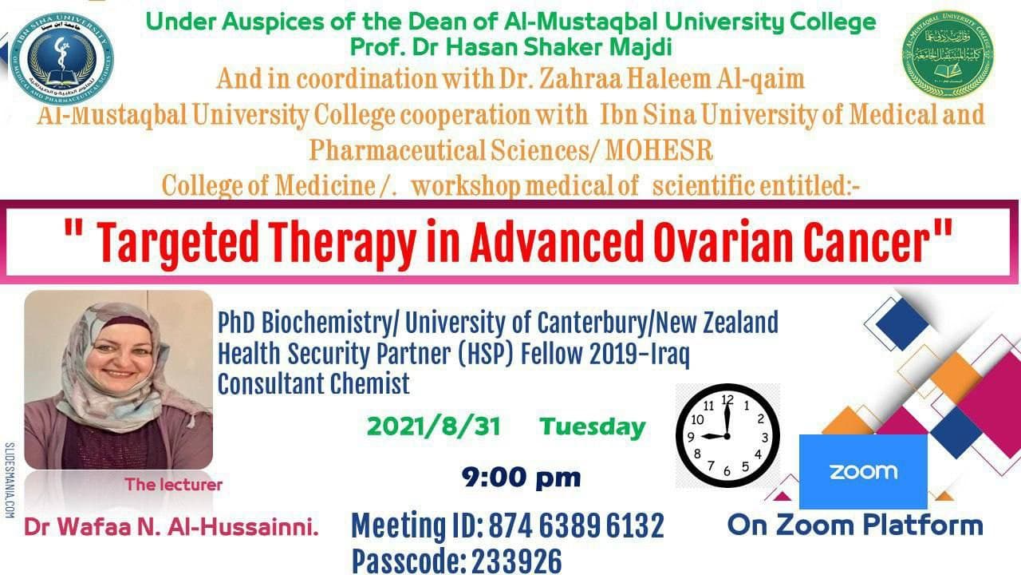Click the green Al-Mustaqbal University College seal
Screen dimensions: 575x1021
click(947, 54)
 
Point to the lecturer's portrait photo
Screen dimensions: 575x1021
click(118, 379)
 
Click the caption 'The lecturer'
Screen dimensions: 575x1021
click(173, 484)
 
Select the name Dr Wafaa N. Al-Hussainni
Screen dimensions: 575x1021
click(171, 527)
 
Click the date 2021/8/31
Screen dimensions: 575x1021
click(433, 426)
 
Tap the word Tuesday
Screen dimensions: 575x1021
click(592, 426)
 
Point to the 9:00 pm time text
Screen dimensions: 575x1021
click(521, 478)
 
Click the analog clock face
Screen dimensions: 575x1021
click(727, 436)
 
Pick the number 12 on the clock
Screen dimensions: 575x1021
click(727, 399)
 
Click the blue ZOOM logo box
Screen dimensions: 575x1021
click(862, 471)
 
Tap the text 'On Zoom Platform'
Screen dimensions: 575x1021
click(854, 525)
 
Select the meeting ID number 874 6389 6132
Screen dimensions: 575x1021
click(576, 526)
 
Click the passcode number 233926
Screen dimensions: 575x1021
click(516, 561)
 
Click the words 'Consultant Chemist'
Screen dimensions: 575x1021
click(313, 383)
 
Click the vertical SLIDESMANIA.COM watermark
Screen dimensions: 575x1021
click(10, 480)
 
